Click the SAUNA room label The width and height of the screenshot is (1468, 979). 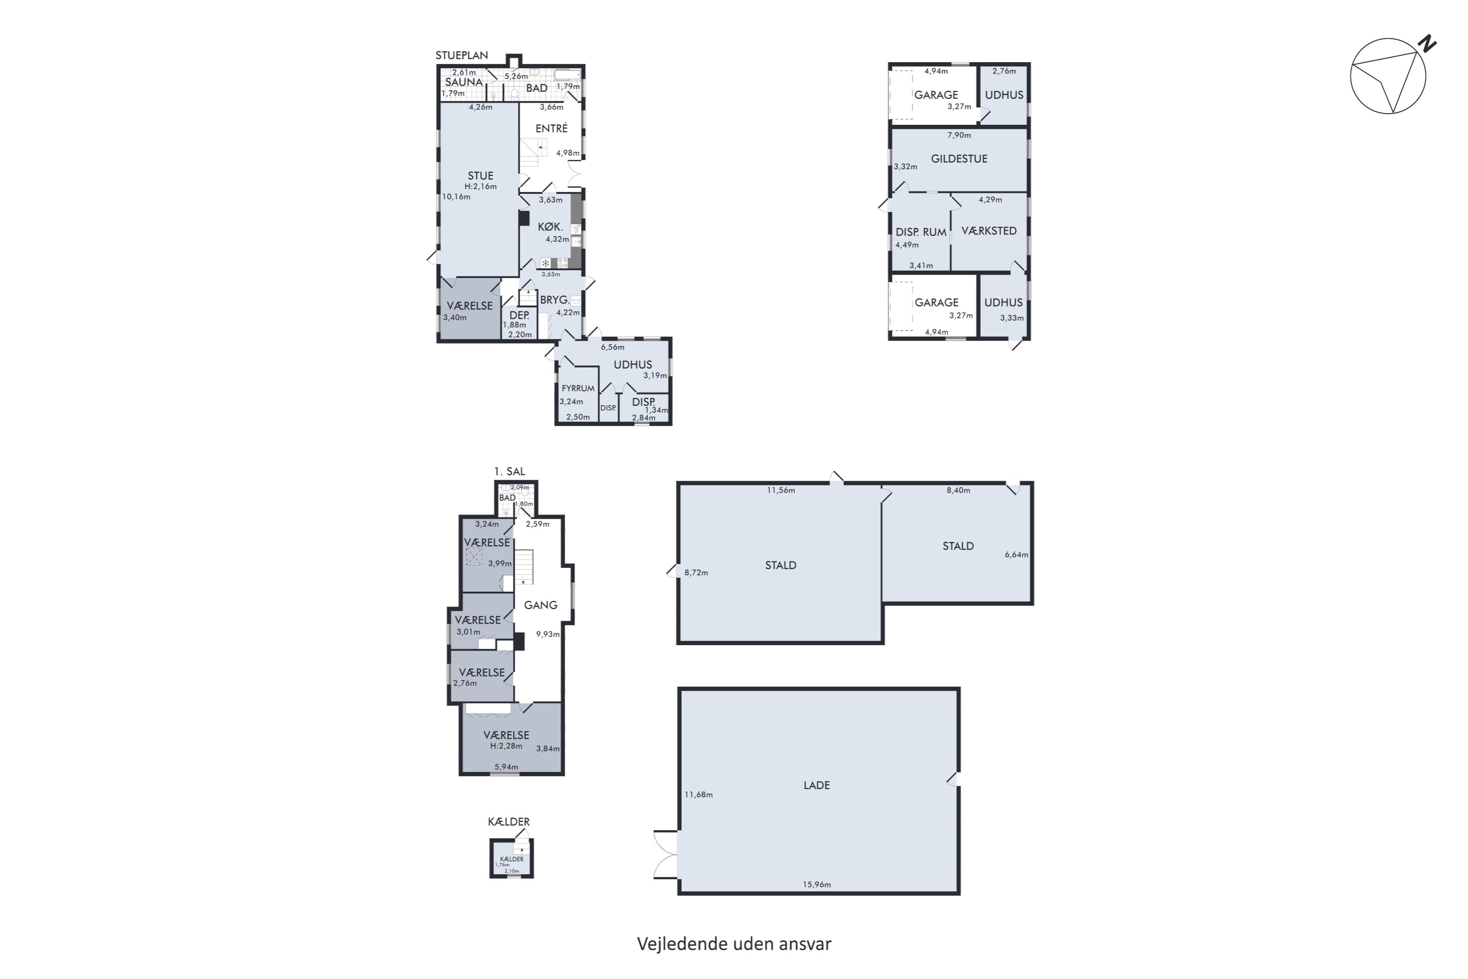(464, 82)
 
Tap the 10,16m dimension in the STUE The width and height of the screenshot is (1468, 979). (456, 197)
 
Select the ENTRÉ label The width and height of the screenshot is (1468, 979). (552, 128)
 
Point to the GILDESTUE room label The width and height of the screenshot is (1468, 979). (959, 159)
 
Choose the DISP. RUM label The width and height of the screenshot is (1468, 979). (921, 232)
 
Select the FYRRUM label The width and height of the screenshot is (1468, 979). (578, 388)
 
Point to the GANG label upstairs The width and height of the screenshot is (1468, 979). (541, 605)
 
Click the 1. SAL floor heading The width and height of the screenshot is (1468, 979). (509, 471)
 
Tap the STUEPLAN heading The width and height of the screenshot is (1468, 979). (462, 55)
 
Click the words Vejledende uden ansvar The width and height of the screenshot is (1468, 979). (734, 943)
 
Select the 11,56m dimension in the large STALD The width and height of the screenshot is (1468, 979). (781, 490)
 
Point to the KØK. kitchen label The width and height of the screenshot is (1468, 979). (550, 227)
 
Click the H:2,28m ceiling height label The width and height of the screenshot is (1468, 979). (506, 746)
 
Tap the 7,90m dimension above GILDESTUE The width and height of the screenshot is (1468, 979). (959, 135)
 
